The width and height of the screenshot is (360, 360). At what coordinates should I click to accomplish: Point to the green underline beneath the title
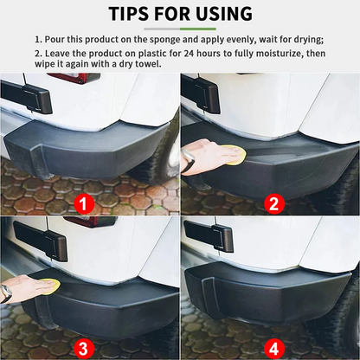point(179,29)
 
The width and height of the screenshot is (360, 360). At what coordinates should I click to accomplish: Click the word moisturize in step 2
point(260,54)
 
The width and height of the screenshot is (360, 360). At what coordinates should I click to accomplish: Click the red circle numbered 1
point(84,204)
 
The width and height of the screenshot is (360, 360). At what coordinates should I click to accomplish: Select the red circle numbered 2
point(273,204)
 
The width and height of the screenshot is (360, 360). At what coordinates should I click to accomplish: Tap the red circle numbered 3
point(84,348)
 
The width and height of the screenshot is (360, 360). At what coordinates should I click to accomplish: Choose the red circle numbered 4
point(273,348)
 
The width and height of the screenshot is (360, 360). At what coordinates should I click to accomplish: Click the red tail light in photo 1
point(74,78)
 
